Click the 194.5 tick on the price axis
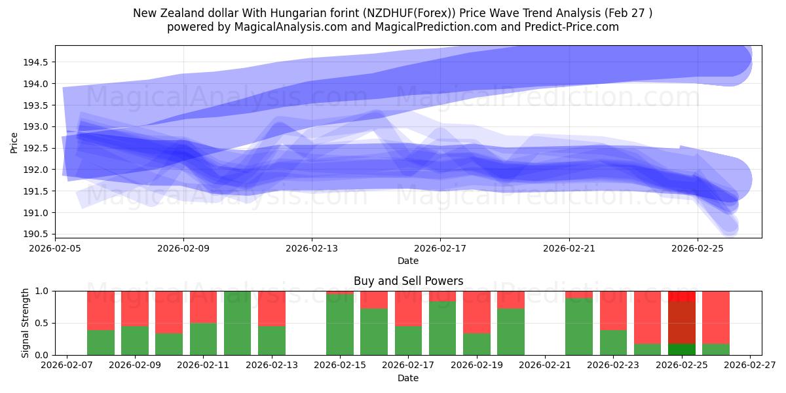(x=35, y=62)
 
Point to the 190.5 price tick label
(x=35, y=234)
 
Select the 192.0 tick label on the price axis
(x=35, y=170)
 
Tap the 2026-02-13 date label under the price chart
(x=312, y=248)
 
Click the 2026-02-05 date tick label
(x=55, y=248)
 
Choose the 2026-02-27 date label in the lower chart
(x=750, y=365)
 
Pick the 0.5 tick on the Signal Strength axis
(x=41, y=323)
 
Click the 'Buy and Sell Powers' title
(x=409, y=281)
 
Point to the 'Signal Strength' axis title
(x=25, y=323)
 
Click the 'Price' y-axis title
(x=14, y=143)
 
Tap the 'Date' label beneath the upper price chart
(x=408, y=261)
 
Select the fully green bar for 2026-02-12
(x=238, y=323)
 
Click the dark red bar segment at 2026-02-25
(x=682, y=322)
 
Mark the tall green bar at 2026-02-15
(x=340, y=325)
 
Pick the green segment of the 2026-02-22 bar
(x=579, y=327)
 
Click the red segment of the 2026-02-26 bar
(x=716, y=318)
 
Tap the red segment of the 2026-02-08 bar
(x=101, y=310)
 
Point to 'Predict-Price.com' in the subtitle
(x=572, y=27)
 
